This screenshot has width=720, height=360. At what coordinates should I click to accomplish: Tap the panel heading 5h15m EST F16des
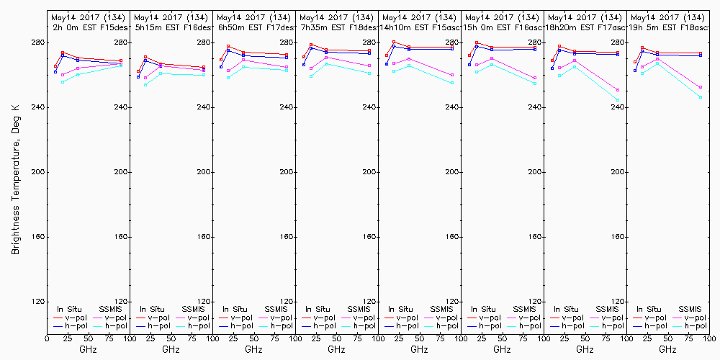[x=171, y=27]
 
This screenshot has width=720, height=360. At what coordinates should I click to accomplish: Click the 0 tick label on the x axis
[x=47, y=337]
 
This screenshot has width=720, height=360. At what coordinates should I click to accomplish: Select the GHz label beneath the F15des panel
[x=88, y=349]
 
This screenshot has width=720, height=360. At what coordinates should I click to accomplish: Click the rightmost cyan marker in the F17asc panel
[x=618, y=100]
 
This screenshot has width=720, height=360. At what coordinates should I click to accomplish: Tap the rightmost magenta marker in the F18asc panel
[x=701, y=88]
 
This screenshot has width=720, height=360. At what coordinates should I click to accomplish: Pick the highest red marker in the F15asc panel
[x=394, y=42]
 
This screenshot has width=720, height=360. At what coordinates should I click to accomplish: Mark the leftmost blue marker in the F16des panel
[x=138, y=76]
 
